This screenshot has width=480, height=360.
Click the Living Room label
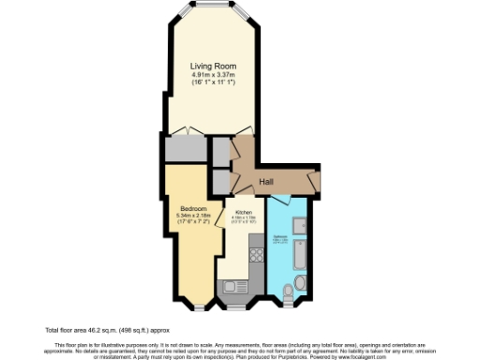(212, 66)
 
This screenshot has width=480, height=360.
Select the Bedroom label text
(194, 208)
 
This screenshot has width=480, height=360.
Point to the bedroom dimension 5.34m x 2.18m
(194, 217)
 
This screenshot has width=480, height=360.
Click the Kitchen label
(244, 213)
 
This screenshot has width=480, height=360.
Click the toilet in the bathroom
(299, 284)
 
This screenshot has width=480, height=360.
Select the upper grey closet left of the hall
(220, 150)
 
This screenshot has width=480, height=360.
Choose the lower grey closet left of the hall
(220, 180)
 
